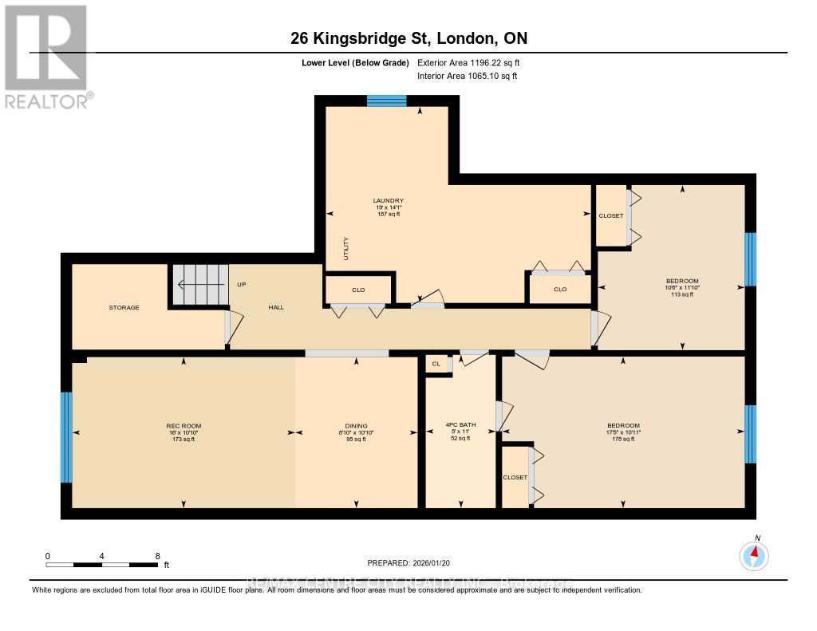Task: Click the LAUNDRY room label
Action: [389, 201]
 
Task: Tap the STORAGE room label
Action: [124, 307]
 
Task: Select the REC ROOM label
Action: [184, 425]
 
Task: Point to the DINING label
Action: [357, 425]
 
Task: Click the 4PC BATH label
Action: [460, 425]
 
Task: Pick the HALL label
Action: [276, 307]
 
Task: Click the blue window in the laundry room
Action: [386, 101]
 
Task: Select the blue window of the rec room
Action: [66, 437]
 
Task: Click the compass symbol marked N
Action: [754, 554]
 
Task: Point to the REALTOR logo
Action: [46, 56]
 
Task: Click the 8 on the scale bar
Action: [157, 555]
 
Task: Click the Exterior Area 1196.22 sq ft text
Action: [469, 62]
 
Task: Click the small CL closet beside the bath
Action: [436, 364]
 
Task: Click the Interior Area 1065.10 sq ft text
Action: [468, 76]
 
